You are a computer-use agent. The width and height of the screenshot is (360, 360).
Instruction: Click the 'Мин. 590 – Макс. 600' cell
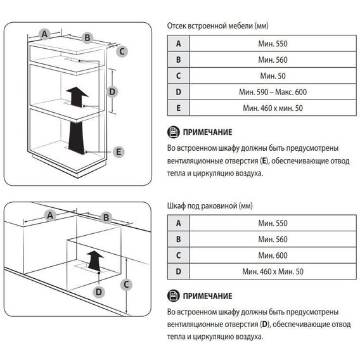[x=273, y=92]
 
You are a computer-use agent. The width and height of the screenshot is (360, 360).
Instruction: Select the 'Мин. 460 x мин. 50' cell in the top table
[x=273, y=108]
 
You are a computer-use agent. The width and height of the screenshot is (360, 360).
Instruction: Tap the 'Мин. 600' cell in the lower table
[x=273, y=255]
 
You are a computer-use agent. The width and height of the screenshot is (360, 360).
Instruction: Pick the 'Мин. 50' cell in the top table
[x=273, y=76]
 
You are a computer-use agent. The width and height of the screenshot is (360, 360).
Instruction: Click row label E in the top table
[x=178, y=108]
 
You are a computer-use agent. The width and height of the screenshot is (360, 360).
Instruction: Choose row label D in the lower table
[x=178, y=271]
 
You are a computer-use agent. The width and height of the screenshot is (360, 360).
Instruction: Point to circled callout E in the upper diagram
[x=119, y=151]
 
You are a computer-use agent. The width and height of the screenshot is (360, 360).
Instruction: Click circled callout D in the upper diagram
[x=112, y=92]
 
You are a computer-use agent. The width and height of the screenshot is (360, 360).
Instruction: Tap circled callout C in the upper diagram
[x=122, y=51]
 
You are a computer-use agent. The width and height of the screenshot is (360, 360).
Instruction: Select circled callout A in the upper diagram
[x=44, y=34]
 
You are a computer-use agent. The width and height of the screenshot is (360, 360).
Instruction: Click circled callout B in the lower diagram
[x=106, y=217]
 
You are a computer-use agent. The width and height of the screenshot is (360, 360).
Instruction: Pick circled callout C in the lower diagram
[x=126, y=285]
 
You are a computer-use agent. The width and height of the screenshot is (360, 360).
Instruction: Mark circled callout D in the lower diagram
[x=99, y=292]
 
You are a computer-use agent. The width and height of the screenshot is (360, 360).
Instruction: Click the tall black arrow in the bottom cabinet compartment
[x=77, y=138]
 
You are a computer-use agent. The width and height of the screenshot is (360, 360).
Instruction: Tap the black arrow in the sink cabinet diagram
[x=94, y=260]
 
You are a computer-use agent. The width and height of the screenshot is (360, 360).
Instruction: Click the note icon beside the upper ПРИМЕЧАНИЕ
[x=173, y=132]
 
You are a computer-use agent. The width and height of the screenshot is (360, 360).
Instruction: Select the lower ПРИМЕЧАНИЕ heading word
[x=207, y=296]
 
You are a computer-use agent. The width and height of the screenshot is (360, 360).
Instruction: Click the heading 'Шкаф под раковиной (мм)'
[x=210, y=206]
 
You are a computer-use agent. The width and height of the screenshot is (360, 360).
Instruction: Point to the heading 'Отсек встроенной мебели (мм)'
[x=217, y=26]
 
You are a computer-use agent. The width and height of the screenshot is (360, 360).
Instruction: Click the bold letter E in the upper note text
[x=264, y=161]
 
